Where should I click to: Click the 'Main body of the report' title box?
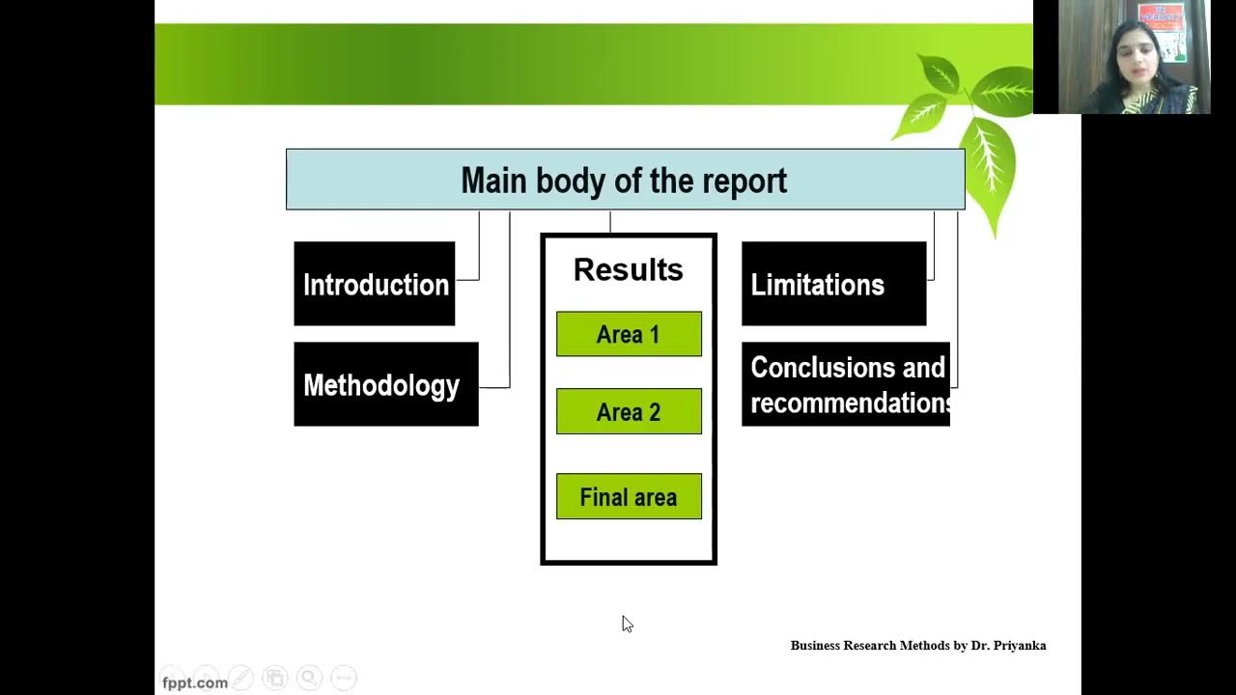625,180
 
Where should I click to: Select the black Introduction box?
375,284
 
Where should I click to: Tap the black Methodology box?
385,384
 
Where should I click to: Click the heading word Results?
628,269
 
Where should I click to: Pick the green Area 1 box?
629,334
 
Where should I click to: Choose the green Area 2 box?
629,411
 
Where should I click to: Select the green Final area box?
629,496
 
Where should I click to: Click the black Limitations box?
833,284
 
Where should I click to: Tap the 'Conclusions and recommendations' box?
846,384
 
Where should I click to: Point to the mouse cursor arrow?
626,623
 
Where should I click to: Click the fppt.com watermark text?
195,682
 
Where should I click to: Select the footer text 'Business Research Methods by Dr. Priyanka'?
917,645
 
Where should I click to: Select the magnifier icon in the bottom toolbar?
309,678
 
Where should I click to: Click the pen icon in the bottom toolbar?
241,678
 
